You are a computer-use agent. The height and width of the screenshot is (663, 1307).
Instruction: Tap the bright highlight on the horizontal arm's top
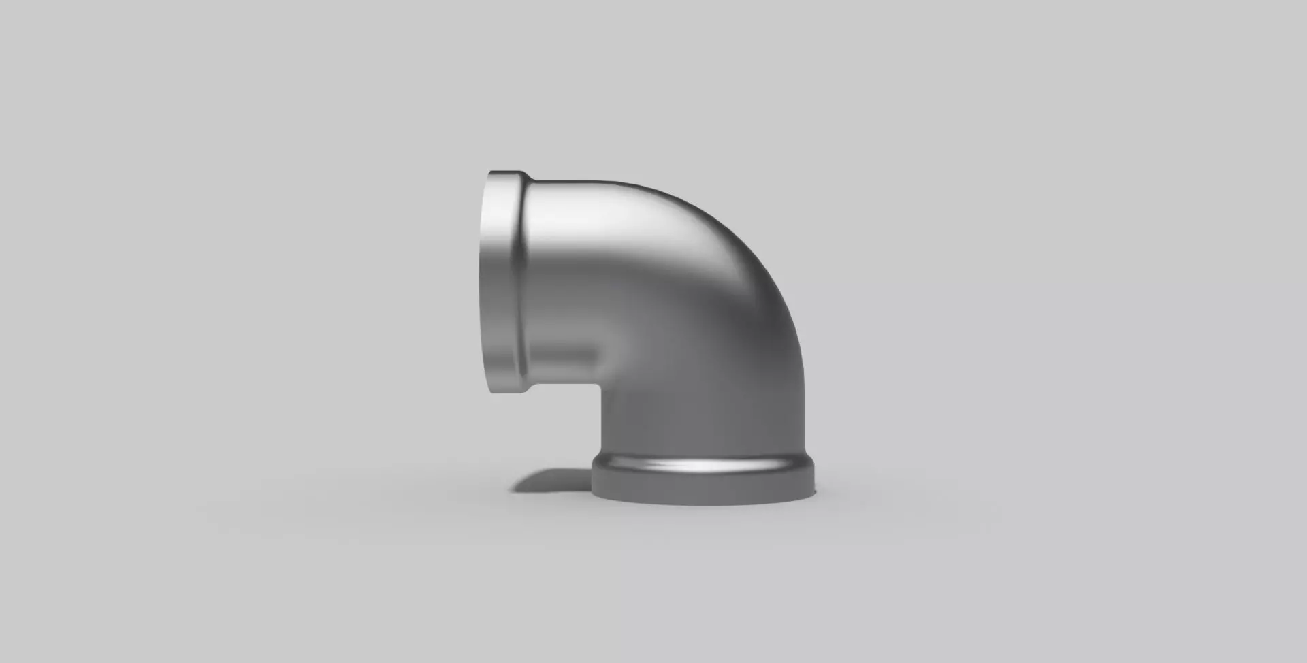(599, 204)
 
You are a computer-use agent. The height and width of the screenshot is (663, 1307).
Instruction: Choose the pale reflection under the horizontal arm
(565, 354)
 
